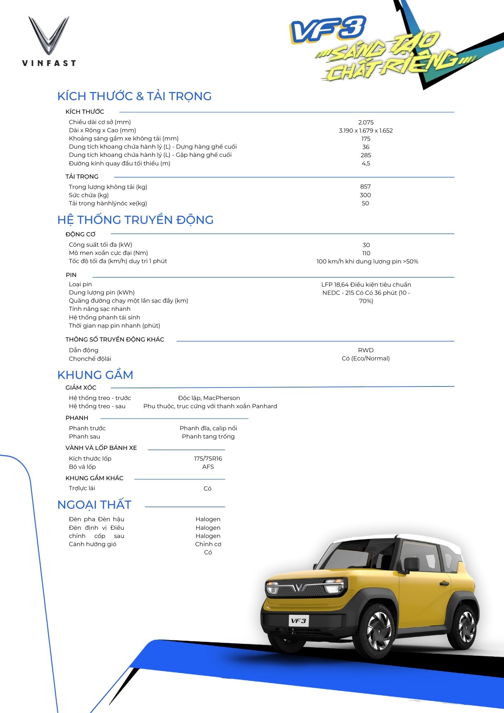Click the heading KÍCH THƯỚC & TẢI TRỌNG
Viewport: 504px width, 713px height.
[x=134, y=96]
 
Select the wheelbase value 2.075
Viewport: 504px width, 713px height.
[x=366, y=122]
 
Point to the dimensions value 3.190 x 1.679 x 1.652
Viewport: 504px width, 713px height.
[x=366, y=130]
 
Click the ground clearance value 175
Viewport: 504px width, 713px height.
[x=366, y=139]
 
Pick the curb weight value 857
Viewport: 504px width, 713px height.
[x=365, y=186]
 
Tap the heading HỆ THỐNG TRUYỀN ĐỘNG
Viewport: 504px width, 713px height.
[x=135, y=220]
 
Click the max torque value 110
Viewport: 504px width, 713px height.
[x=366, y=253]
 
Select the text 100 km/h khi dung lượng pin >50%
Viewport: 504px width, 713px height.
[x=367, y=261]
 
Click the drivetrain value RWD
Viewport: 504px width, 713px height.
[x=366, y=350]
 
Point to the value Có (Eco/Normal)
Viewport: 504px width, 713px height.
[x=366, y=358]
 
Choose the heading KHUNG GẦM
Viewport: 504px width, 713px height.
[x=95, y=375]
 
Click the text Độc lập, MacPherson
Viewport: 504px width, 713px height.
[x=209, y=398]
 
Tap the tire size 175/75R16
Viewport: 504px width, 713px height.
[x=208, y=458]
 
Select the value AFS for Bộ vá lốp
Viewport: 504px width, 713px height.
[x=208, y=467]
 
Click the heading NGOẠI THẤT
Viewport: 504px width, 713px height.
[x=94, y=505]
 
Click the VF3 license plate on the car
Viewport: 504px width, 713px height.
[x=298, y=621]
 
